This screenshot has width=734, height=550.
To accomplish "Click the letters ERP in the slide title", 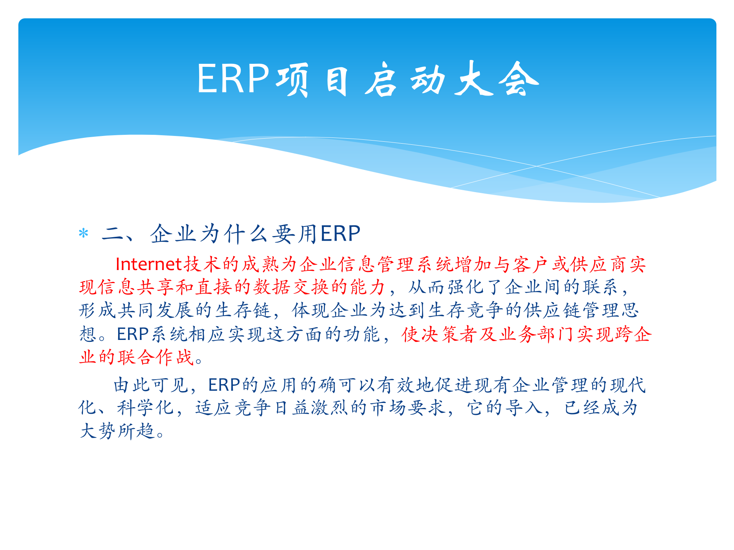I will (233, 79).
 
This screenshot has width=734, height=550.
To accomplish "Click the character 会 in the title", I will (518, 79).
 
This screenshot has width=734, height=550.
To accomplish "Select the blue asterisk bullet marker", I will (83, 233).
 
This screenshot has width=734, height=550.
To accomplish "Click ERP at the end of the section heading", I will (340, 234).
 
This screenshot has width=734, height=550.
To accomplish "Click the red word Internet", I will (148, 264).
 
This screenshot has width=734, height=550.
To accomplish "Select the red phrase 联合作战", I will (156, 357).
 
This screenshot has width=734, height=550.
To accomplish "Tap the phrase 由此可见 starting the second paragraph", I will (151, 385).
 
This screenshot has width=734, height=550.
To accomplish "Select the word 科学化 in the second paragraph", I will (145, 408).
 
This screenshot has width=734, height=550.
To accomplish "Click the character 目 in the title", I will (337, 80).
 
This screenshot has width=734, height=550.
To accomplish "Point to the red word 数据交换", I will (291, 287).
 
